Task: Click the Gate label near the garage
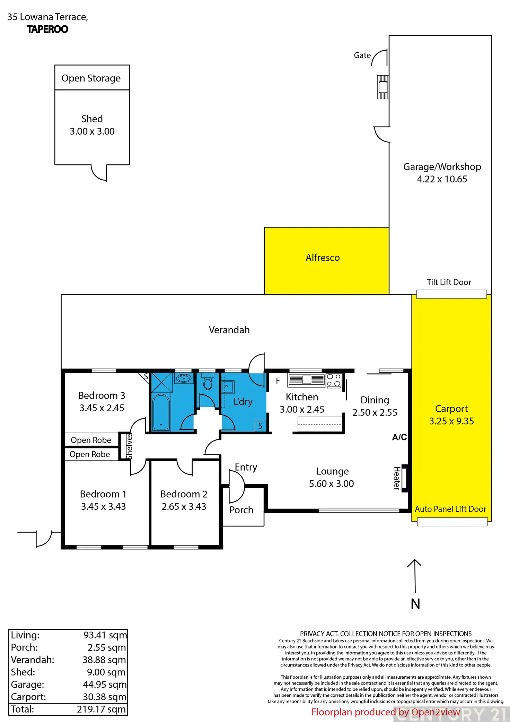tap(362, 55)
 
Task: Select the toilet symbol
tap(208, 384)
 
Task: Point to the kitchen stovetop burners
tap(334, 380)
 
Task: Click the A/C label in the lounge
tap(399, 437)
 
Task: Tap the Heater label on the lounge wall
tap(397, 478)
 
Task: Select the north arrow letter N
tap(415, 604)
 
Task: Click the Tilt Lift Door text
tap(449, 282)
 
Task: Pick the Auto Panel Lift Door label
tap(450, 509)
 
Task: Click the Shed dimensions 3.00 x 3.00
tap(92, 131)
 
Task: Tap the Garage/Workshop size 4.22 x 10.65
tap(442, 179)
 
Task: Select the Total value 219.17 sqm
tap(101, 709)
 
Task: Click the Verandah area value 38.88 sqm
tap(104, 660)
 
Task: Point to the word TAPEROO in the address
tap(47, 29)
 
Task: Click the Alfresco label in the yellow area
tap(323, 258)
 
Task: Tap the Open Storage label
tap(91, 78)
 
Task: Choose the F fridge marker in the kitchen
tap(278, 381)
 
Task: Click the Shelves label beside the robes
tap(130, 446)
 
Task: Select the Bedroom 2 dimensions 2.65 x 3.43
tap(184, 507)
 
